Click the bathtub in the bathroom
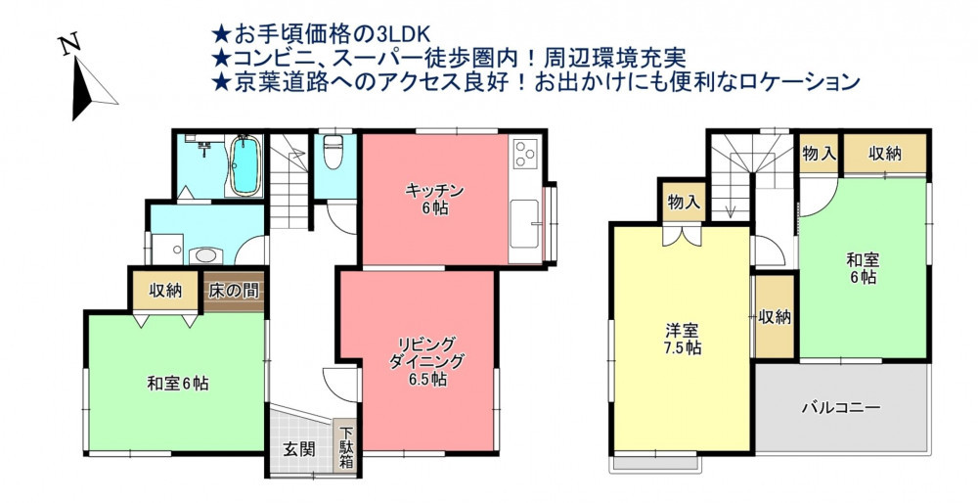click(244, 165)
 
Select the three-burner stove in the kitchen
click(524, 154)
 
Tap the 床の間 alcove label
click(234, 291)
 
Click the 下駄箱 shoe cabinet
click(345, 446)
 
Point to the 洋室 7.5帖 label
click(682, 339)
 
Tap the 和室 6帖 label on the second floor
click(863, 268)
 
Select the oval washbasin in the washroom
click(205, 254)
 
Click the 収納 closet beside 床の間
click(166, 290)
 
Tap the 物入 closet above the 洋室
click(684, 202)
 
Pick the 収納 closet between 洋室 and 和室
click(775, 316)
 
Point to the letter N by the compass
click(70, 46)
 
